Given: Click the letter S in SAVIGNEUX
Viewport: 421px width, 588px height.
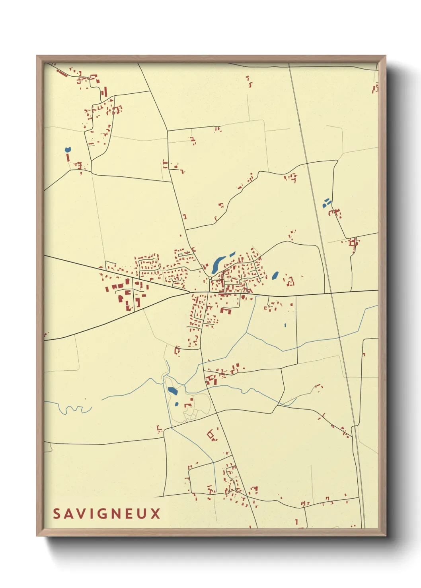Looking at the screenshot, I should coord(56,514).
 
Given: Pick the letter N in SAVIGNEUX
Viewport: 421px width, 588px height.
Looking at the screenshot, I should coord(117,514).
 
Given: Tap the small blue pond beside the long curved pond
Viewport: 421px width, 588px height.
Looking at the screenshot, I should coord(232,253).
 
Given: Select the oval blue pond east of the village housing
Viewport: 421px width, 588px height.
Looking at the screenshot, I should coord(275,275).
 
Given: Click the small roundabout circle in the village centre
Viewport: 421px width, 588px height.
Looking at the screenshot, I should coord(210,279).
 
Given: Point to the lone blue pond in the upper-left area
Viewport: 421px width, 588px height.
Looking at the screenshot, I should coord(68,150).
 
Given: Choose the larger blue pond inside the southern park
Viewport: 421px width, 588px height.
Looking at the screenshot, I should coord(173,391).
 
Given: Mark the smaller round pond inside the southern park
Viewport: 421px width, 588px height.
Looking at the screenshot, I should coord(176,405).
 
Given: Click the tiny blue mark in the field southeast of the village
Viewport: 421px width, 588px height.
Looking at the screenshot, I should coord(285,325).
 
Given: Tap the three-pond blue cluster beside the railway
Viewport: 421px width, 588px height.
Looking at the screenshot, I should coord(326,203).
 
